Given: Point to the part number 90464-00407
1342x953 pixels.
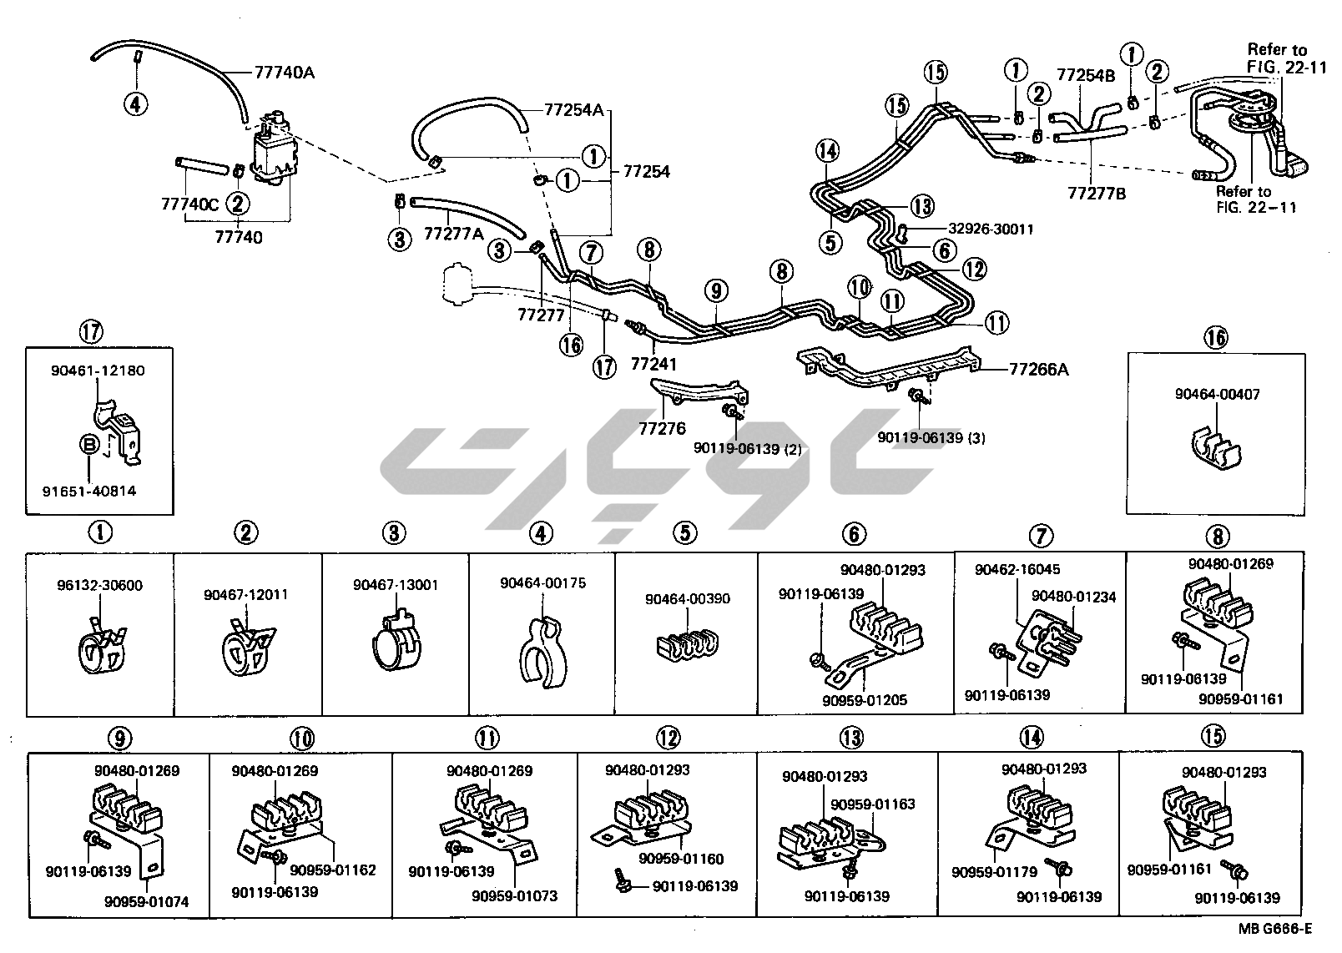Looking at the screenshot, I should [1218, 395].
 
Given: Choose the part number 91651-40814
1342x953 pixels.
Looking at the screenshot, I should [89, 492].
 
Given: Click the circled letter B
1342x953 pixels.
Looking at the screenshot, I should [88, 445].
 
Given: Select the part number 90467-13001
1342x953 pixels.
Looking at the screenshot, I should [395, 586].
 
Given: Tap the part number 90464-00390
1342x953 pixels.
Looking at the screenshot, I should [687, 599].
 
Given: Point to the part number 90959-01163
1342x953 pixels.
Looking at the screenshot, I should [872, 804].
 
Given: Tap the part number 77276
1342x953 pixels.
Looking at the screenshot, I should [662, 429].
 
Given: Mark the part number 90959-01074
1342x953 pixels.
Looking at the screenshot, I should [147, 902].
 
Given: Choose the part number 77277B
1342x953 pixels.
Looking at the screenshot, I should [1096, 194].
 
